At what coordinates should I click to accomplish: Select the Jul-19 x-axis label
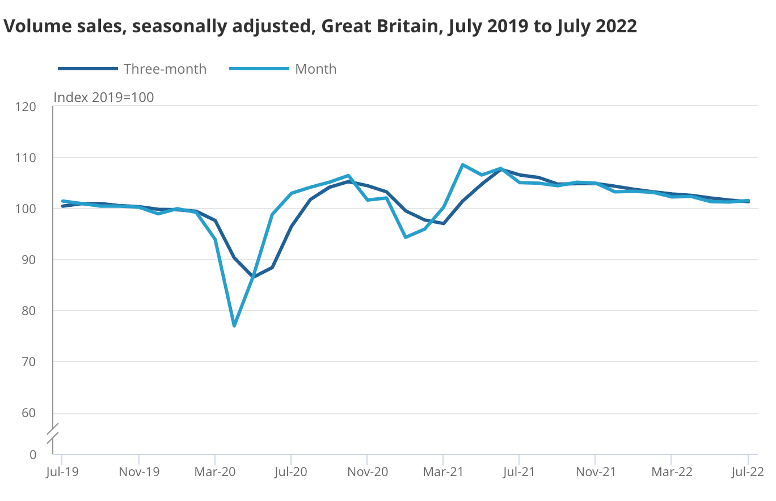point(61,472)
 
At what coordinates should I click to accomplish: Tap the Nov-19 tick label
point(139,472)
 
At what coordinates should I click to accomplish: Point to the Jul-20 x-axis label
point(291,472)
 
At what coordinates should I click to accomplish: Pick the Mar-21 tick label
point(443,472)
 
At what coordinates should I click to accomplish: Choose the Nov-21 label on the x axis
point(595,472)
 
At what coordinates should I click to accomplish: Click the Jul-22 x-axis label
point(748,472)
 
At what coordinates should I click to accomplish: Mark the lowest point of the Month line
point(234,325)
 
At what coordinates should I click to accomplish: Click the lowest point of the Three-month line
point(253,277)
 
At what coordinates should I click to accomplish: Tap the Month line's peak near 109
point(462,165)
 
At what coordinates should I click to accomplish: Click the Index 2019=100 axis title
point(104,97)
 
